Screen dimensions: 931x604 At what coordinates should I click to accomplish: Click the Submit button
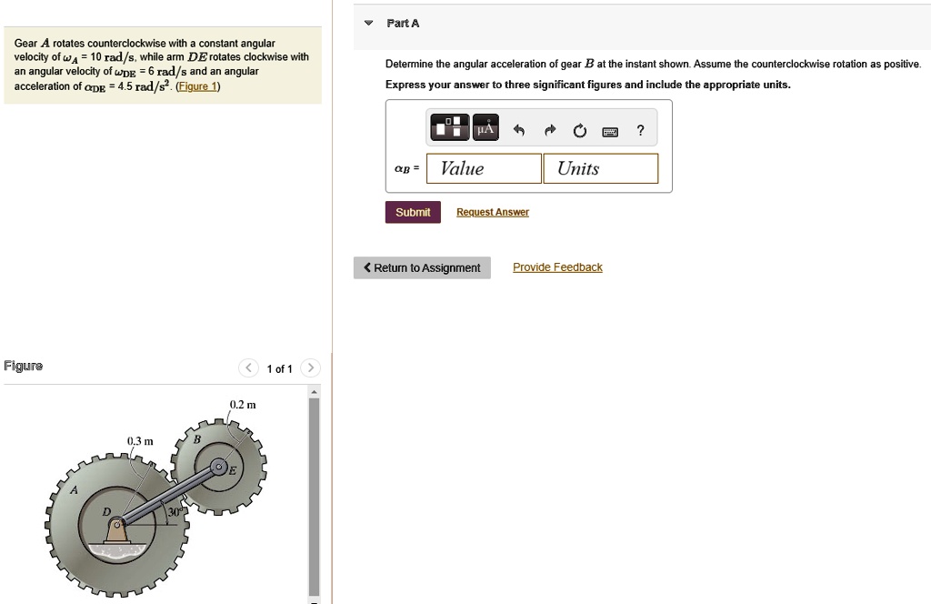coord(413,212)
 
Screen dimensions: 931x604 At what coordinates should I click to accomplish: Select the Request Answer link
coord(492,212)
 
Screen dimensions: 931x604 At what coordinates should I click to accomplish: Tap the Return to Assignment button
coord(422,267)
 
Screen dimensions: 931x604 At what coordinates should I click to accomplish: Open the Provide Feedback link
coord(557,267)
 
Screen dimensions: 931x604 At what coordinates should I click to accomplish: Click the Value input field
coord(484,168)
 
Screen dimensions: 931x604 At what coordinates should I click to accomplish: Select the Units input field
coord(600,168)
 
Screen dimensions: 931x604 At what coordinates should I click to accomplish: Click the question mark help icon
coord(640,130)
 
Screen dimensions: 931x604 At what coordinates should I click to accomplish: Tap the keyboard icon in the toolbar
coord(610,131)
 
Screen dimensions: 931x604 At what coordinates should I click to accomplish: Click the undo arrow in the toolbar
coord(519,130)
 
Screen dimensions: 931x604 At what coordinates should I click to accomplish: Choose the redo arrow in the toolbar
coord(550,130)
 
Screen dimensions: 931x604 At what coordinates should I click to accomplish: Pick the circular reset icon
coord(580,131)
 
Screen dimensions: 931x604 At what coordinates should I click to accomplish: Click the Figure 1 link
coord(197,86)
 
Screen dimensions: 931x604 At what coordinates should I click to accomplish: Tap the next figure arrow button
coord(310,368)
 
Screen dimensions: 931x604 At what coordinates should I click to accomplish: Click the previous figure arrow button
coord(248,368)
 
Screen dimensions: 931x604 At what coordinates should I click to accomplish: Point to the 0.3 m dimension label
coord(140,441)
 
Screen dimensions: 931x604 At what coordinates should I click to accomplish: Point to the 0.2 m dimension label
coord(243,405)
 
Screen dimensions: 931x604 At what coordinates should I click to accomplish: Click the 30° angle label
coord(173,511)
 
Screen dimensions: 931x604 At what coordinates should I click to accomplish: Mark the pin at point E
coord(219,468)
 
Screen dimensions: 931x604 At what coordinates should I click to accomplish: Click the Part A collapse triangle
coord(369,23)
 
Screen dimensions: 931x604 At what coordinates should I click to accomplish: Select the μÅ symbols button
coord(486,127)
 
